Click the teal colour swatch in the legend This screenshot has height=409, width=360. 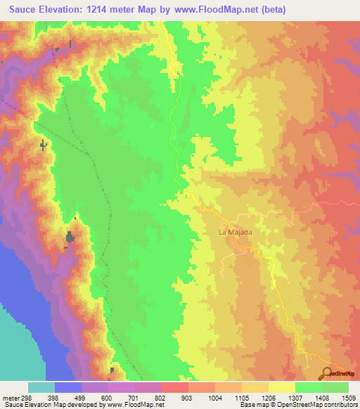click(x=41, y=387)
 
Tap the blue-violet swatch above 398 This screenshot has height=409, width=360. click(x=68, y=387)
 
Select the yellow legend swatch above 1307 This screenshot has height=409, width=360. click(x=282, y=387)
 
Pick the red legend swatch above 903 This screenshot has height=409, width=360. click(x=175, y=387)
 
